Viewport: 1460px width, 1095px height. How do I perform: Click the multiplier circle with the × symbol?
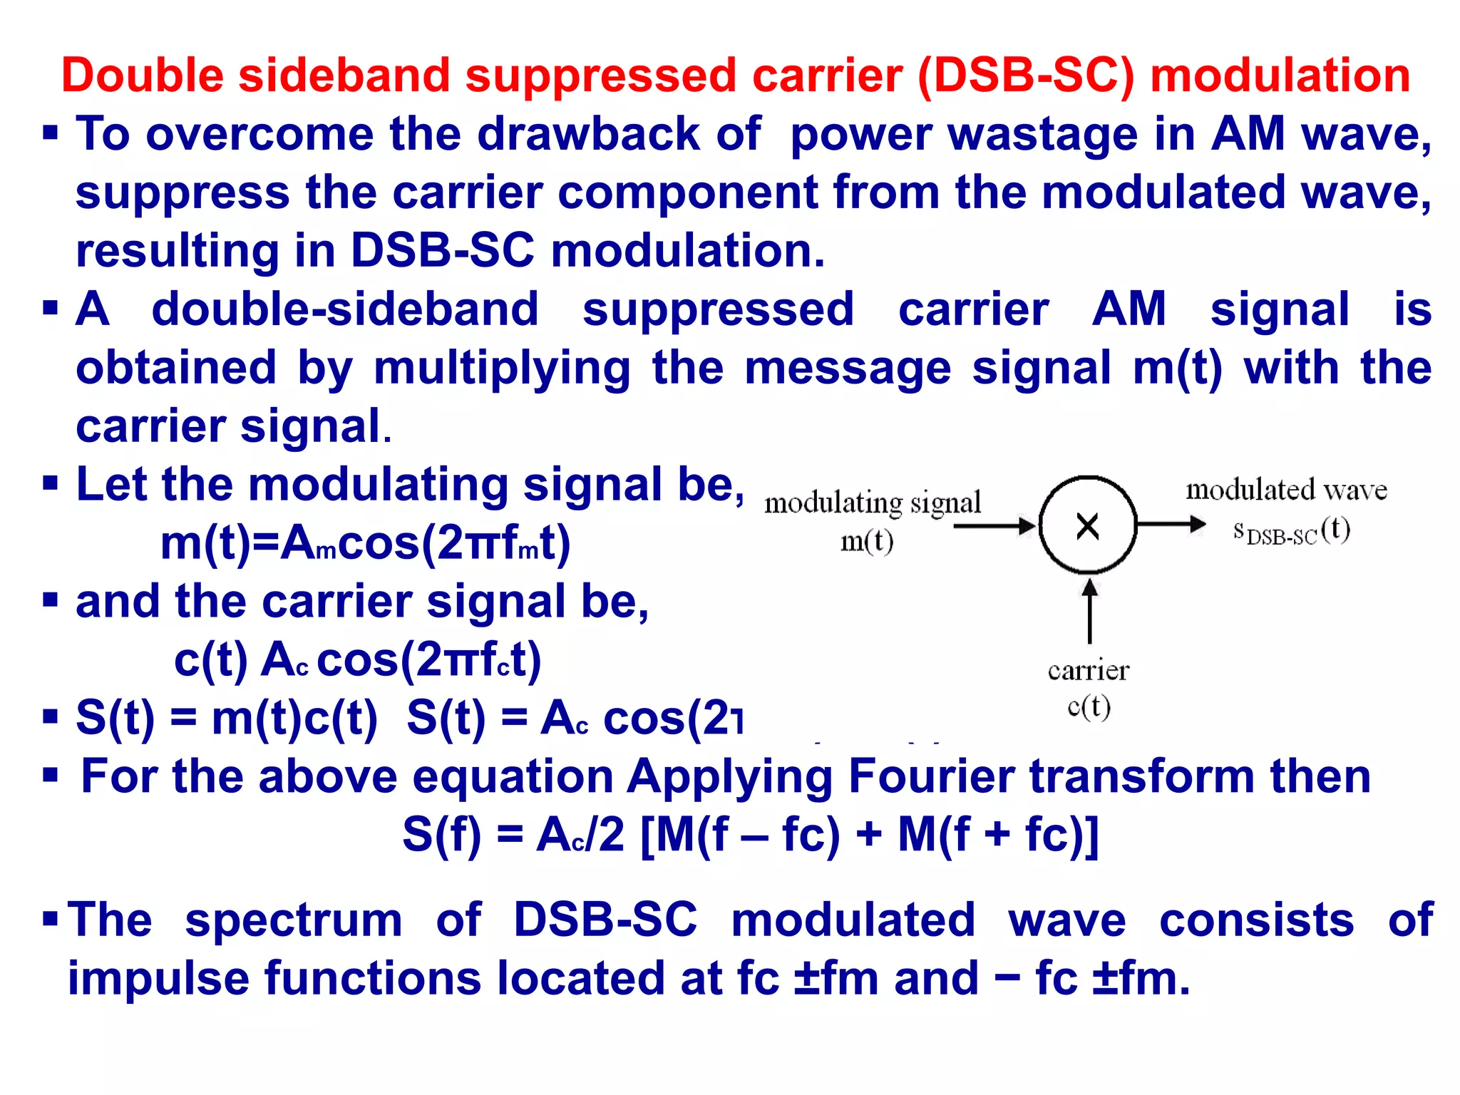[1087, 525]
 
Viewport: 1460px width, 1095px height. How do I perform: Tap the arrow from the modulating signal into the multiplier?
[994, 526]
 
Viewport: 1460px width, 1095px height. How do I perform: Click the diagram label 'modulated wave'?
[1286, 490]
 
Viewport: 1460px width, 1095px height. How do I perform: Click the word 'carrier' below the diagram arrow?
[1089, 670]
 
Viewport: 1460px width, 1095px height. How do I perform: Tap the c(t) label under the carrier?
[1089, 706]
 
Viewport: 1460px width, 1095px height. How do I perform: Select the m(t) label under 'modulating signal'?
[867, 541]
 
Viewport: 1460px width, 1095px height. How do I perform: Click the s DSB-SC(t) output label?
[1291, 530]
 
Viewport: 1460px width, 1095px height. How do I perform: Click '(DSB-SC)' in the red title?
[1026, 76]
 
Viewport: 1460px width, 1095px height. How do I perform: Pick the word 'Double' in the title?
[142, 76]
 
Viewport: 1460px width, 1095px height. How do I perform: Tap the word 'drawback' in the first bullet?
[587, 134]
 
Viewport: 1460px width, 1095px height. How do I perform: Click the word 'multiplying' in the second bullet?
[502, 368]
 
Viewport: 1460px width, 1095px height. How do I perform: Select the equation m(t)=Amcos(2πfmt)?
[365, 543]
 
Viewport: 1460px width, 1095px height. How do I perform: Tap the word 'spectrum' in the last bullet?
[294, 920]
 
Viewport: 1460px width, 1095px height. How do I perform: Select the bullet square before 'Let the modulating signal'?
[50, 483]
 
